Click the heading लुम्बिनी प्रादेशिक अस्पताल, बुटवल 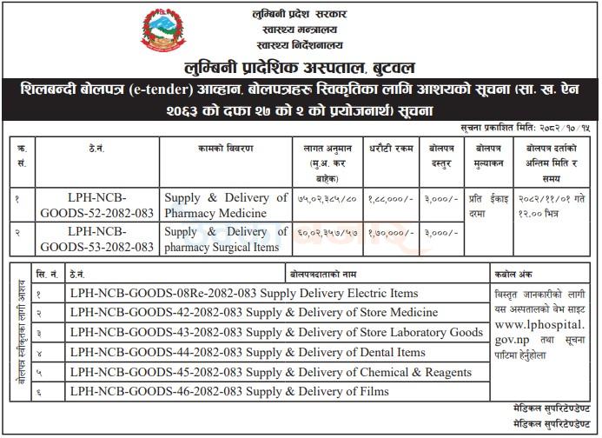301,67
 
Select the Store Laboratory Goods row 276,332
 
